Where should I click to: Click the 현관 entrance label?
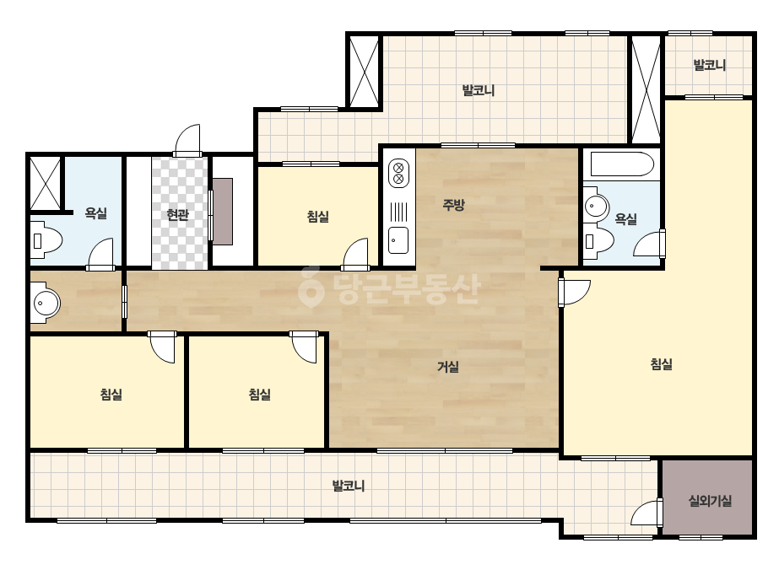(x=177, y=215)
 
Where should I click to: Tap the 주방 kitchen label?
(x=453, y=204)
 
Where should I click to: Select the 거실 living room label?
(x=447, y=367)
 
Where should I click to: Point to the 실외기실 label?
(x=710, y=501)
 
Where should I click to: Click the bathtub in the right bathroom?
(x=621, y=164)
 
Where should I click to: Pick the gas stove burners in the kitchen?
(x=398, y=173)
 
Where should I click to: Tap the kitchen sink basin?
(x=398, y=239)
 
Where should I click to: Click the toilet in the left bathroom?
(x=46, y=241)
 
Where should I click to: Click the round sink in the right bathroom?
(x=596, y=205)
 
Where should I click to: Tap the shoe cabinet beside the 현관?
(x=223, y=212)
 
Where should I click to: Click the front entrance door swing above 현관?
(x=187, y=141)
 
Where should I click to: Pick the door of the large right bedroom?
(x=574, y=293)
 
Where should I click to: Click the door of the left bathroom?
(x=100, y=254)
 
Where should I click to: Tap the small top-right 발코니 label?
(x=710, y=65)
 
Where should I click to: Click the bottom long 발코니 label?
(x=349, y=486)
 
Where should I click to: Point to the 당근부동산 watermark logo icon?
(x=311, y=287)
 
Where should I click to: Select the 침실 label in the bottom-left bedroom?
(x=111, y=395)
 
